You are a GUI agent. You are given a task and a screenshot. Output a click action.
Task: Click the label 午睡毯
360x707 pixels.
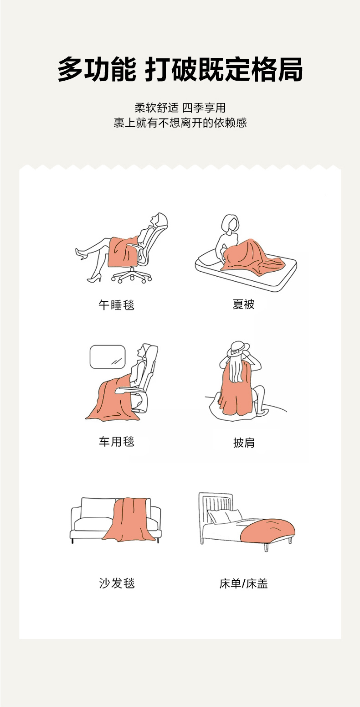pos(116,305)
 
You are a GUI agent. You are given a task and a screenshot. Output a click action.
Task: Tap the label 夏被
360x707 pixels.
pos(244,304)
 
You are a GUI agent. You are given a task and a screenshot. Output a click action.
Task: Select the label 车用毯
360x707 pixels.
pos(116,442)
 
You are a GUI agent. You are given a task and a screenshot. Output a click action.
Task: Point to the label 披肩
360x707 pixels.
pos(244,443)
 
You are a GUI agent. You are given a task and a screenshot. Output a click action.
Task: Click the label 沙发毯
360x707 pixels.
pos(117,583)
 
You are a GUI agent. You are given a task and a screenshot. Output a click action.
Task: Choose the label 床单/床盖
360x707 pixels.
pos(244,583)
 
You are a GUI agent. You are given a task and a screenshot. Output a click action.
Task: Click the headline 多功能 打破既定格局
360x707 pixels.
pos(180,69)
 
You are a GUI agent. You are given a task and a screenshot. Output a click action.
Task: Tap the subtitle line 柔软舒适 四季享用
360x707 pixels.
pos(180,108)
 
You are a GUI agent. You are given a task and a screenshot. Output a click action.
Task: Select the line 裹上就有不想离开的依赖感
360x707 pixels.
pos(180,123)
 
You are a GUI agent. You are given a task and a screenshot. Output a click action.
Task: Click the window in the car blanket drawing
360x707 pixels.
pos(108,356)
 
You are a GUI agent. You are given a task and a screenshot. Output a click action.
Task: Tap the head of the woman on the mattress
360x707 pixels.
pos(230,224)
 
